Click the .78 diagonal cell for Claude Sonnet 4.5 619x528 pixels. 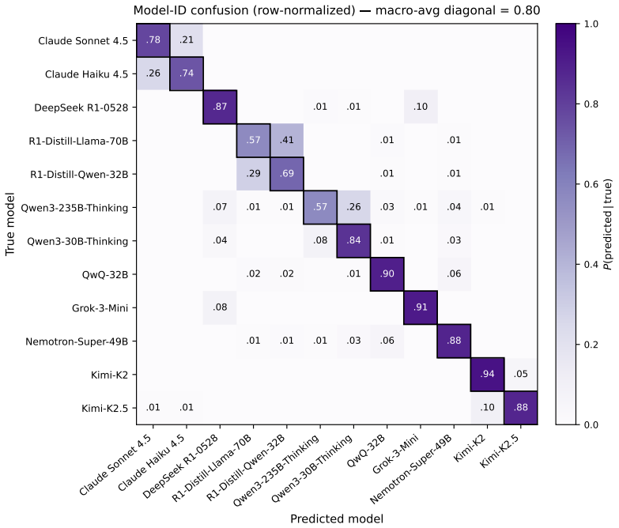tap(153, 40)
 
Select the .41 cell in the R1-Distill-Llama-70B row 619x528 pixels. tap(287, 141)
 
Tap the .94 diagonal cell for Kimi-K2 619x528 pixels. tap(488, 375)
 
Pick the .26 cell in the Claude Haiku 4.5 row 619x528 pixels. tap(153, 74)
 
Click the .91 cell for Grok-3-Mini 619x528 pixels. tap(421, 307)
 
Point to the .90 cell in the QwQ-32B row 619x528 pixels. tap(387, 274)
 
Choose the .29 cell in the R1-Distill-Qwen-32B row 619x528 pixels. tap(254, 174)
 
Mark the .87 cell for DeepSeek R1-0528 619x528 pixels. tap(220, 107)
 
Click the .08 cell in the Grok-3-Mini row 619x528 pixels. tap(220, 307)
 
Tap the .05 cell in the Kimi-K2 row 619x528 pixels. tap(521, 375)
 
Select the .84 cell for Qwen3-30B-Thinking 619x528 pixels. tap(353, 241)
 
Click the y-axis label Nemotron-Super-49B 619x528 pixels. tap(77, 341)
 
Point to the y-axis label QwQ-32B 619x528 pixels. tap(105, 274)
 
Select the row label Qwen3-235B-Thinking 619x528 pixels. tap(74, 208)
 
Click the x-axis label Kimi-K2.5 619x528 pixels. tap(500, 451)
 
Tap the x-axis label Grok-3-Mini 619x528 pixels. tap(395, 454)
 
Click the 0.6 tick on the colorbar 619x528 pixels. tap(591, 184)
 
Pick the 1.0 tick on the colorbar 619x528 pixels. tap(591, 24)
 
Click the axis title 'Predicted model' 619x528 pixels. tap(337, 519)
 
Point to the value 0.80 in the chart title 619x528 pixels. tap(527, 9)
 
